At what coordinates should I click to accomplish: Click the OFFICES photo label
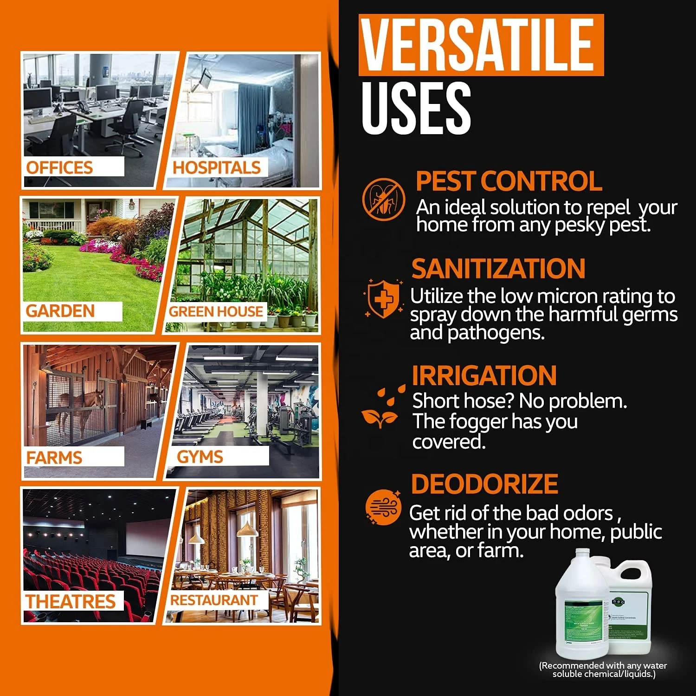pos(59,168)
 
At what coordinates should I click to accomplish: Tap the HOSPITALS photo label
pos(216,168)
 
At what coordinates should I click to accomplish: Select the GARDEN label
pos(60,311)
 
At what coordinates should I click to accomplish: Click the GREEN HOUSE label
pos(216,311)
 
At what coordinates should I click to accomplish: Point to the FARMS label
pos(54,458)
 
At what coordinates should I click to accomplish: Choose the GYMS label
pos(200,457)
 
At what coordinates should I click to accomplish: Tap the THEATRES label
pos(71,601)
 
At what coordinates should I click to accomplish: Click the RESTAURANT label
pos(214,600)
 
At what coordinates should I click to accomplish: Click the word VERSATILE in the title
pos(478,45)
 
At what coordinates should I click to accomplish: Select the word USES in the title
pos(416,108)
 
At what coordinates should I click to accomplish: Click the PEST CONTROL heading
pos(509,181)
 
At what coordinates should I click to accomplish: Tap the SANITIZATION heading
pos(498,269)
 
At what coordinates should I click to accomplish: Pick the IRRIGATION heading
pos(484,375)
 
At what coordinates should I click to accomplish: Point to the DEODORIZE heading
pos(484,484)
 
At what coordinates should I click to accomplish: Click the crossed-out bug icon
pos(383,199)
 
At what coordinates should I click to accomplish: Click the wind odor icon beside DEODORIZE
pos(383,507)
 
